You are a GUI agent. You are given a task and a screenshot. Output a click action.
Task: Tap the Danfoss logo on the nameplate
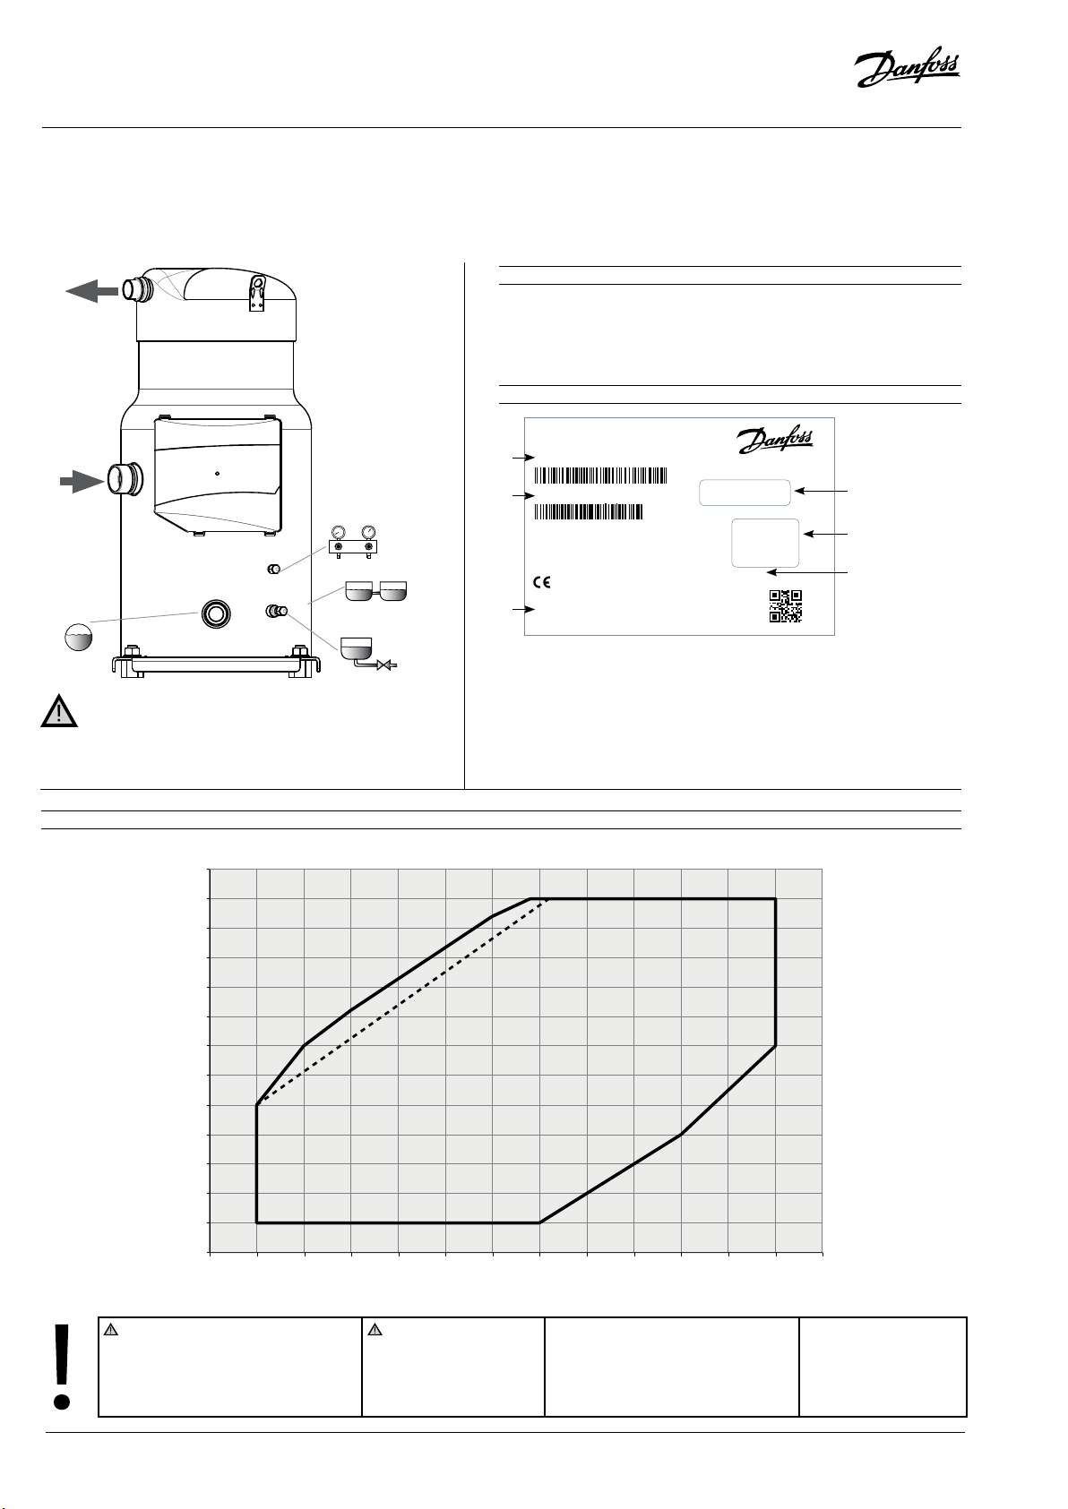coord(775,439)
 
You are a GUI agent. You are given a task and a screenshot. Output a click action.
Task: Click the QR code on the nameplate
coord(786,605)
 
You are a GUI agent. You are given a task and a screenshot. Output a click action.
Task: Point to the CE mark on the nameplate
coord(542,582)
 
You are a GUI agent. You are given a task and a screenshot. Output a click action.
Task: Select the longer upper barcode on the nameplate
coord(600,476)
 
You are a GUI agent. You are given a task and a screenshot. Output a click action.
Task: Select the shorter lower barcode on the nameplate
coord(589,512)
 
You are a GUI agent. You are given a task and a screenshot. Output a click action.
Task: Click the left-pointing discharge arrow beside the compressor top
coord(91,291)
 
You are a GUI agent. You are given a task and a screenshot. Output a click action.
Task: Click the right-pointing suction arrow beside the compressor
coord(82,482)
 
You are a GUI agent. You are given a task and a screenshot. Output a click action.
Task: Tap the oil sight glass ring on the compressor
coord(216,613)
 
